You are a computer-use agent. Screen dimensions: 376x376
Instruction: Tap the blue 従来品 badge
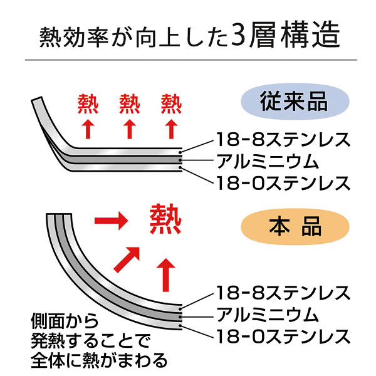[x=295, y=100]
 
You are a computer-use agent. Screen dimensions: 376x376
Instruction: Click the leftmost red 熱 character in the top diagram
[x=88, y=103]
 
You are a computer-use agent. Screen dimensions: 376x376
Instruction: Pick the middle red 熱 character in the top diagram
[x=130, y=103]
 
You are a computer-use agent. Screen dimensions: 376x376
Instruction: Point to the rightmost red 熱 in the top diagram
[x=171, y=103]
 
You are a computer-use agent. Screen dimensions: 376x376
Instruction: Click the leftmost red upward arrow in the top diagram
[x=88, y=128]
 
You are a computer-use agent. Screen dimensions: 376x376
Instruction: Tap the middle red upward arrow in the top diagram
[x=130, y=128]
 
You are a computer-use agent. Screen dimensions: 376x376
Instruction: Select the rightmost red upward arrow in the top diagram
[x=171, y=128]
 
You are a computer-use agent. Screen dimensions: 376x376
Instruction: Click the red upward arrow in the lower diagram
[x=166, y=272]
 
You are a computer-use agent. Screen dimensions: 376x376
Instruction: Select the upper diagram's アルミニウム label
[x=268, y=160]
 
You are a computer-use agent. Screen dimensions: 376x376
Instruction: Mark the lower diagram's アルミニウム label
[x=268, y=315]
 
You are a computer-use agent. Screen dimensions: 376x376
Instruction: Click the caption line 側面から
[x=65, y=321]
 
